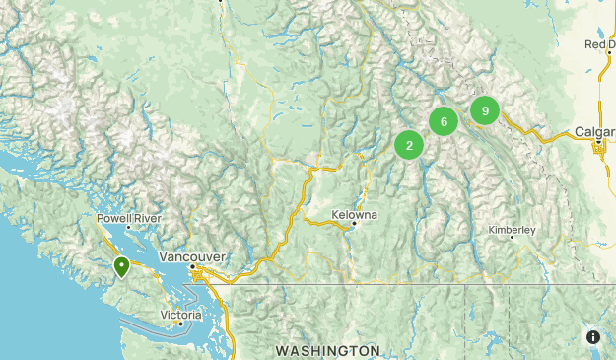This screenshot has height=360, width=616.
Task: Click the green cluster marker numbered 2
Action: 409,146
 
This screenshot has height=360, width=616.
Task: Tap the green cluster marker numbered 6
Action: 445,122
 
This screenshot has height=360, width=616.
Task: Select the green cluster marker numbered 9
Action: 485,110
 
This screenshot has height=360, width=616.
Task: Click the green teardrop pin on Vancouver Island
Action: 121,266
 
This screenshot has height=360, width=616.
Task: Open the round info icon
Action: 593,337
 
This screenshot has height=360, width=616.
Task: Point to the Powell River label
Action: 128,218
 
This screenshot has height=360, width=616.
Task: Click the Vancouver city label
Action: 192,256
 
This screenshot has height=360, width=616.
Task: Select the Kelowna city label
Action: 355,215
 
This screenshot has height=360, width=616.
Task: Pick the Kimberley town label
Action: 513,230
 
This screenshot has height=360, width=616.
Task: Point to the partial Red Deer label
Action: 600,44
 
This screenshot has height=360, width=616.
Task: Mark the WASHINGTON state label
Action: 327,351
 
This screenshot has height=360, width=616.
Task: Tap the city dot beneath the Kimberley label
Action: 513,238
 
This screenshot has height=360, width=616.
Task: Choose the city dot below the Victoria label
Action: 179,323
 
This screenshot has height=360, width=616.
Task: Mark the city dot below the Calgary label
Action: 599,144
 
